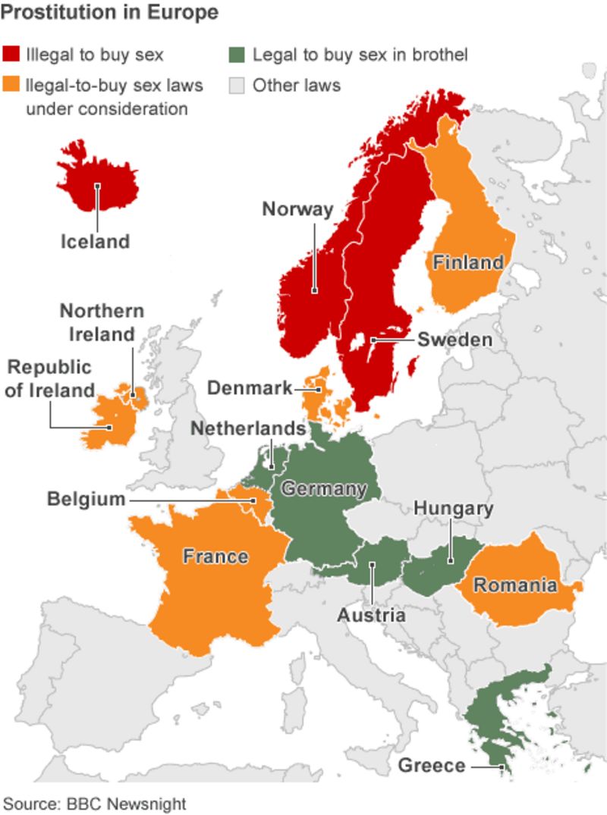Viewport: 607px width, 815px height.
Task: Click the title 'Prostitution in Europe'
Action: (110, 13)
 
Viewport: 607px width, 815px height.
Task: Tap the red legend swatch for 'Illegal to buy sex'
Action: (11, 55)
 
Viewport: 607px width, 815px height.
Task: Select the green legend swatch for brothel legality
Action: (237, 55)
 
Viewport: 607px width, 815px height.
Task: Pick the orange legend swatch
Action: (11, 85)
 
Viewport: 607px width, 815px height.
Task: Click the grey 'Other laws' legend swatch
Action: (237, 85)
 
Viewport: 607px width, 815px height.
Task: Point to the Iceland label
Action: (96, 242)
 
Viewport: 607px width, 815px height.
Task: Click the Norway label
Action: (297, 209)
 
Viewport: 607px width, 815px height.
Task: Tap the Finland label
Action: (467, 262)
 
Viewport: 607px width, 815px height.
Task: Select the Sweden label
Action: (454, 340)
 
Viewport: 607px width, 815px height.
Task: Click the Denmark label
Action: (250, 388)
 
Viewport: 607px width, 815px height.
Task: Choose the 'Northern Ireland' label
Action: (102, 322)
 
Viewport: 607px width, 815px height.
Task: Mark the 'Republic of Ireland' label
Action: (49, 378)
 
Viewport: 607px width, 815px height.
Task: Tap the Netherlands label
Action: (247, 428)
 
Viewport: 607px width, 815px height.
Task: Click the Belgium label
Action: (86, 499)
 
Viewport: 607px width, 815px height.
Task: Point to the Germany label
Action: (324, 488)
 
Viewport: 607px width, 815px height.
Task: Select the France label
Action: (215, 556)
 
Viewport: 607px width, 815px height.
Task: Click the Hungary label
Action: (453, 508)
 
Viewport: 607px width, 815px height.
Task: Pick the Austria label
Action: (371, 614)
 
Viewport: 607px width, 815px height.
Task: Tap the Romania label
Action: (515, 585)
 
